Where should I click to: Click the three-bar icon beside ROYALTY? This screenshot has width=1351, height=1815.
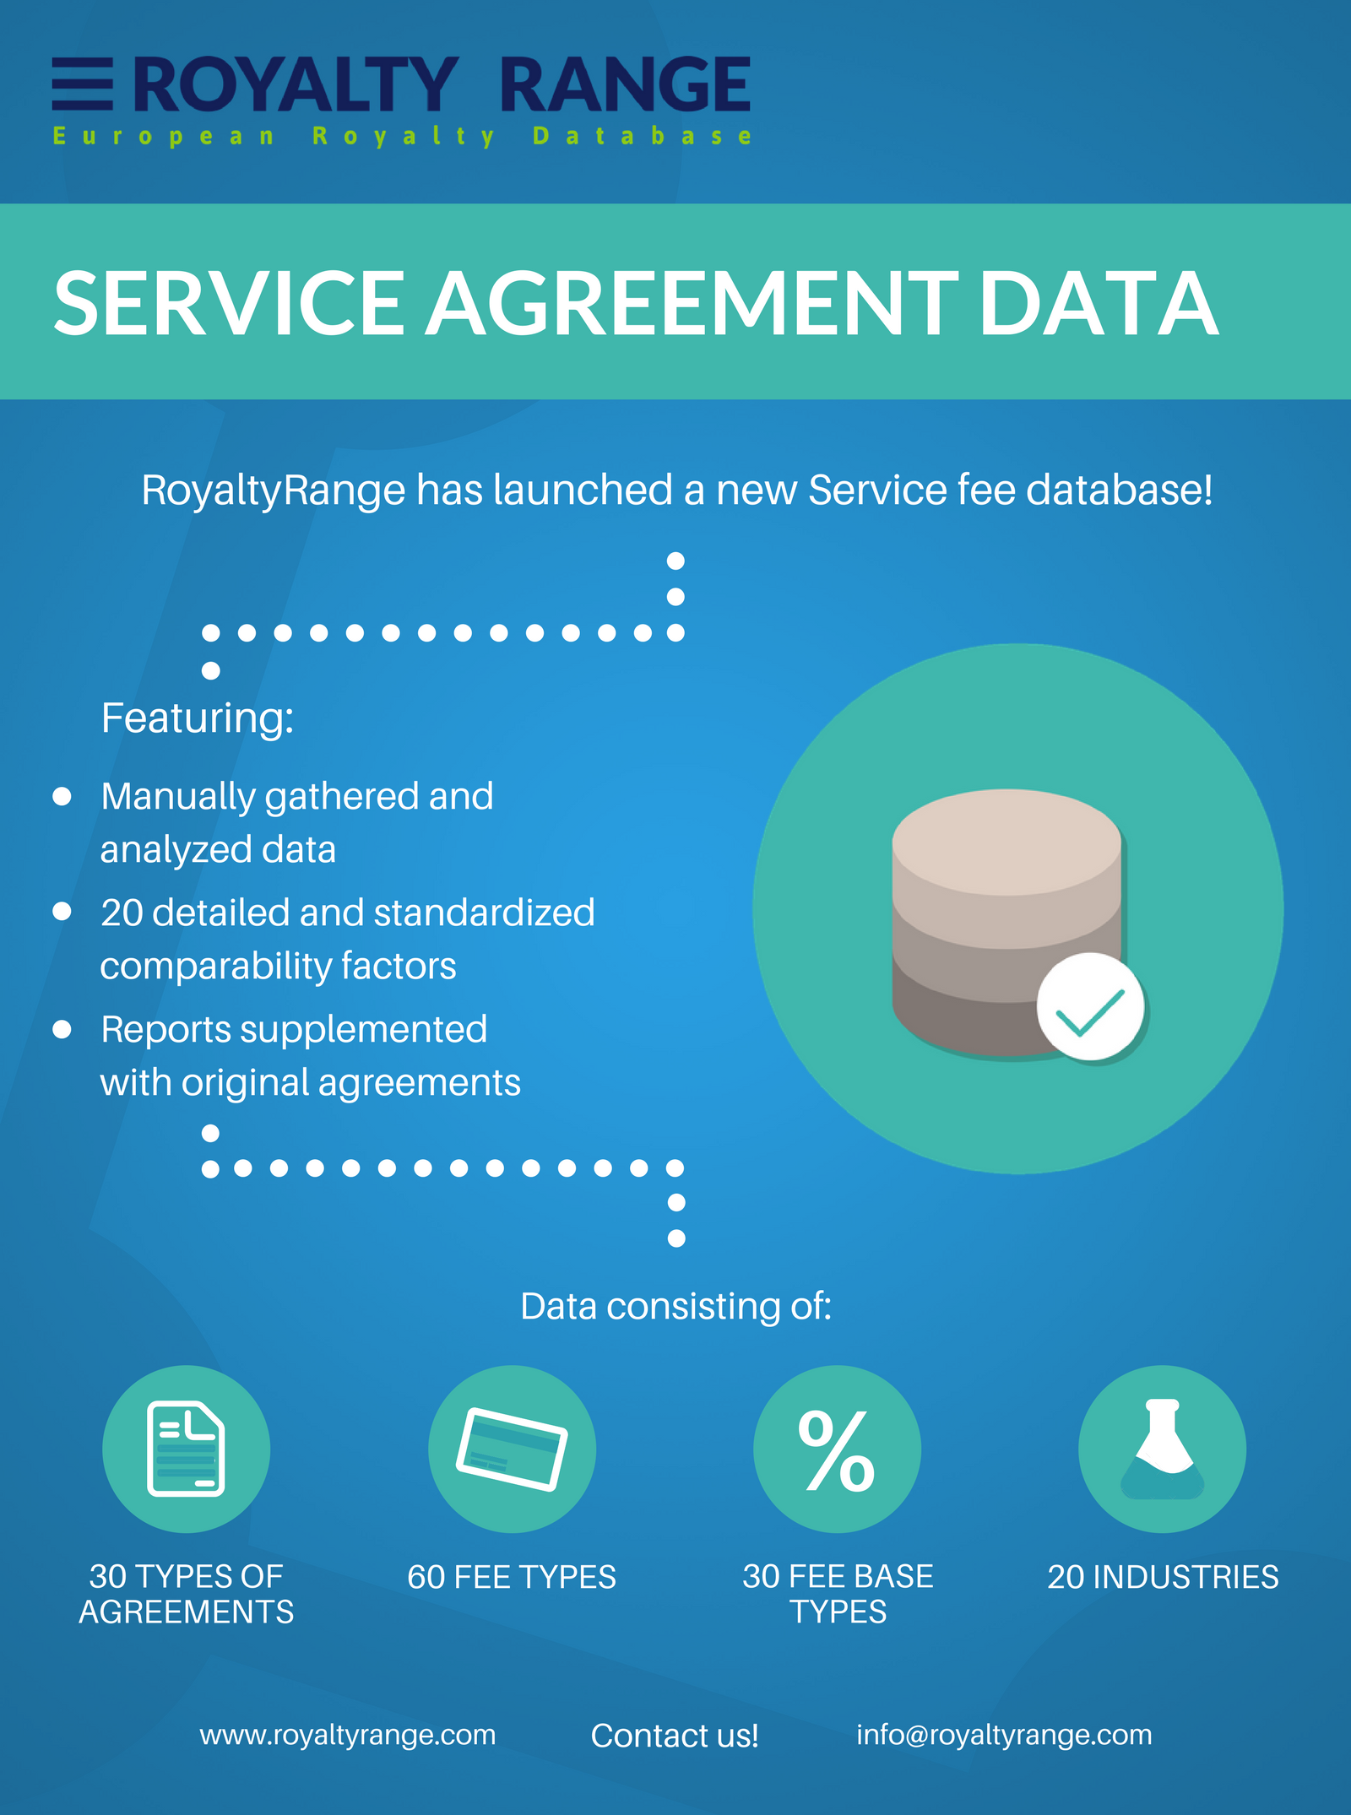(x=82, y=84)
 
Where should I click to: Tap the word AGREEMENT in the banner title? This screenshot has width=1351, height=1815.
(x=691, y=303)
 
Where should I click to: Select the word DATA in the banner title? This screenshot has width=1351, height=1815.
(x=1098, y=303)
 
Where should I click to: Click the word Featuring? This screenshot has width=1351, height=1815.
(x=198, y=718)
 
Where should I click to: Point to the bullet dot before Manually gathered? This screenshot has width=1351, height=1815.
(x=62, y=796)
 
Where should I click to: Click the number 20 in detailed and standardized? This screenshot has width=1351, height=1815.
(x=122, y=913)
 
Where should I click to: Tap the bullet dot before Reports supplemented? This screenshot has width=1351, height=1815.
(x=62, y=1029)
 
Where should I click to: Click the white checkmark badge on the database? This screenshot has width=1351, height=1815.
(x=1090, y=1007)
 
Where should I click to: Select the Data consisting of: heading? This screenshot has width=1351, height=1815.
(x=675, y=1306)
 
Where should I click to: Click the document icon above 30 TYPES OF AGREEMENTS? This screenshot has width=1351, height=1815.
(x=186, y=1449)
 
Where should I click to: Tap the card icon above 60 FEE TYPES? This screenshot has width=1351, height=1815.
(x=512, y=1449)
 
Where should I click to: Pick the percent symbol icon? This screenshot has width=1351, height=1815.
(x=837, y=1449)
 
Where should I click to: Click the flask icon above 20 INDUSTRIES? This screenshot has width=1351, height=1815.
(x=1162, y=1449)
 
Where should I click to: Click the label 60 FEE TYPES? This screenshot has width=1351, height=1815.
(x=512, y=1577)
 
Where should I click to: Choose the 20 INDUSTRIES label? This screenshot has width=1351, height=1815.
(x=1163, y=1577)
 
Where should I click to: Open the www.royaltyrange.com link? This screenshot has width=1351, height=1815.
(x=348, y=1735)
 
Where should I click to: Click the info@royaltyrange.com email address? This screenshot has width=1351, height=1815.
(x=1004, y=1735)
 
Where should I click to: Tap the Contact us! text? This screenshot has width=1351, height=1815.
(x=675, y=1736)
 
